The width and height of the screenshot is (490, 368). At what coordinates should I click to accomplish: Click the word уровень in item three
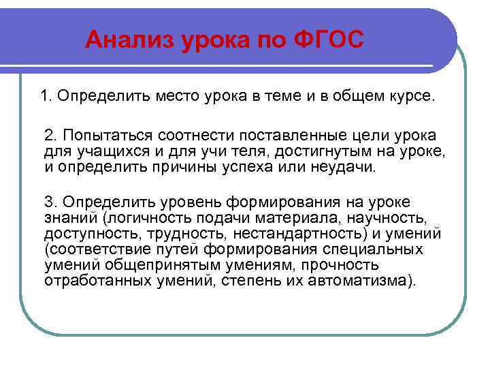click(186, 202)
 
